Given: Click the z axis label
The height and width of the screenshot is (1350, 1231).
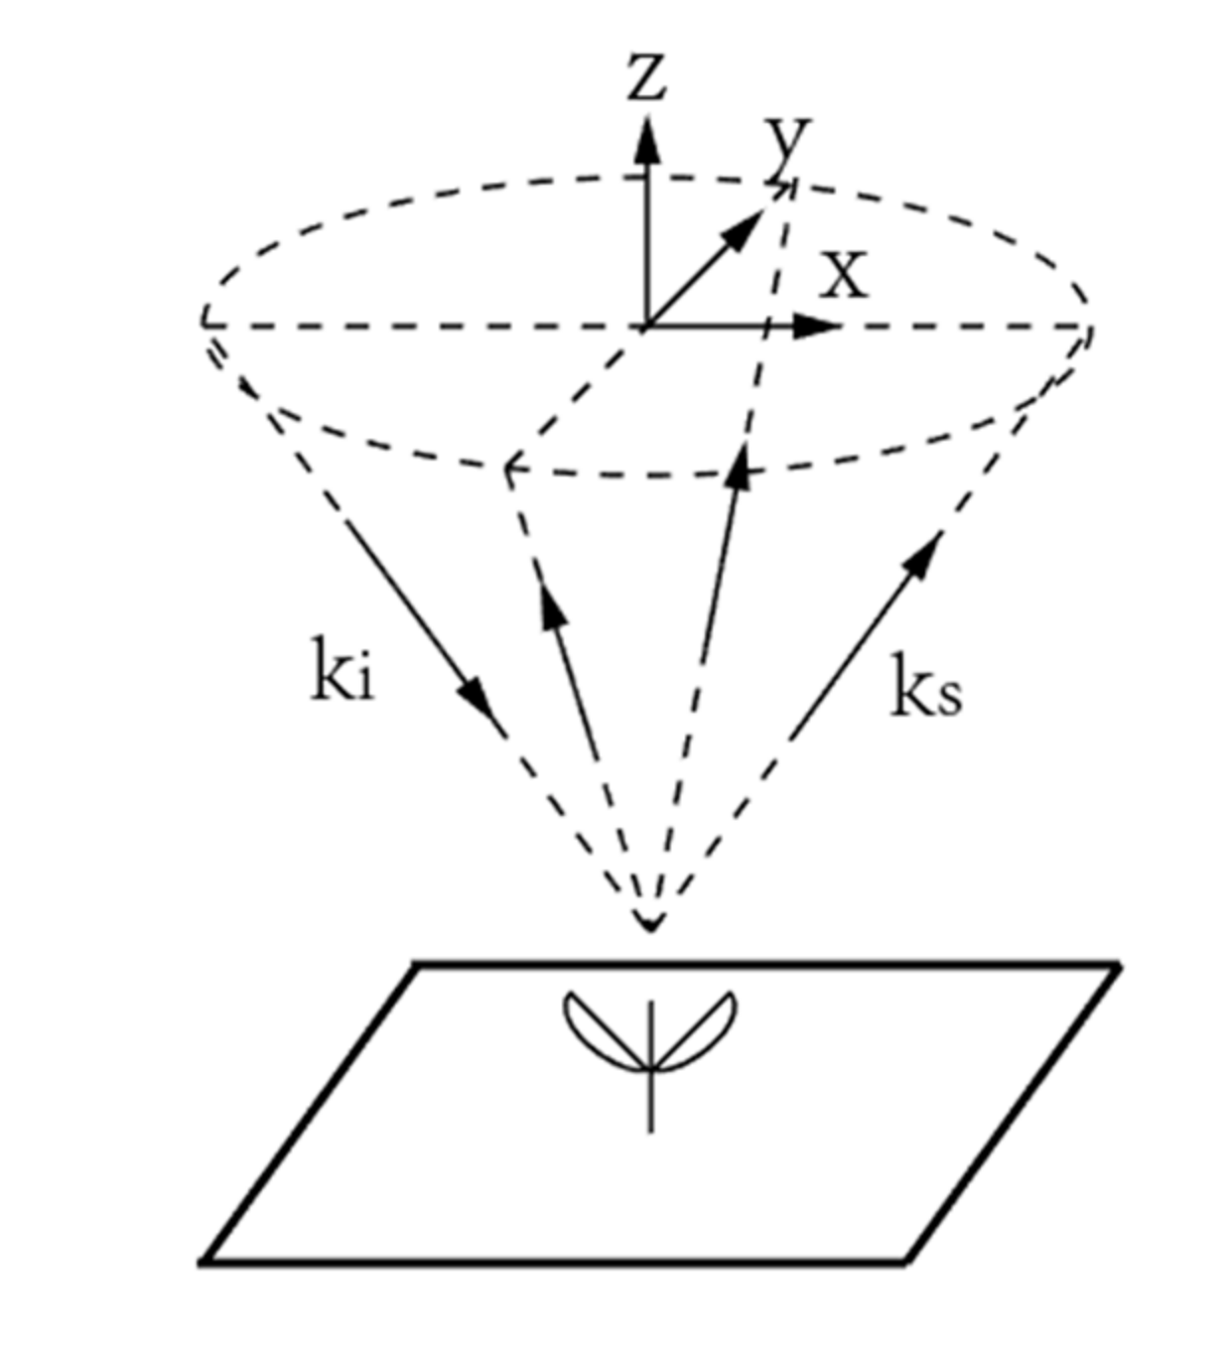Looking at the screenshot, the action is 647,77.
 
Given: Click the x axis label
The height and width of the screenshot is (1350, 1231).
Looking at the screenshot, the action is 844,275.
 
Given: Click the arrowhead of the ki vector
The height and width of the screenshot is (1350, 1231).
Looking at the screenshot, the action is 483,706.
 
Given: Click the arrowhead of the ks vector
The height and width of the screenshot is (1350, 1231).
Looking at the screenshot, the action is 923,554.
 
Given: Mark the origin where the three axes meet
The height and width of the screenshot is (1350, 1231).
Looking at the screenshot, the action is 647,326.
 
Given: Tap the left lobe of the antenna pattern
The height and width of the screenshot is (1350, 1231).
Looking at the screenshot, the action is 594,1027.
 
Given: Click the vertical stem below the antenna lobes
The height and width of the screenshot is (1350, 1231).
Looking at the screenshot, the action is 650,1102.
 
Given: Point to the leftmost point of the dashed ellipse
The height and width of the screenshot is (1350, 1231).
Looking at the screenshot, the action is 204,323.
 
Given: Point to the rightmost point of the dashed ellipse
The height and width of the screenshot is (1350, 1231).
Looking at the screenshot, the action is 1090,328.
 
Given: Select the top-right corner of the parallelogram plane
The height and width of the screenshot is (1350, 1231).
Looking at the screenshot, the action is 1118,964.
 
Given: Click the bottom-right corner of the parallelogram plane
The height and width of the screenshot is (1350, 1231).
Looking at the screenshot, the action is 905,1262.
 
